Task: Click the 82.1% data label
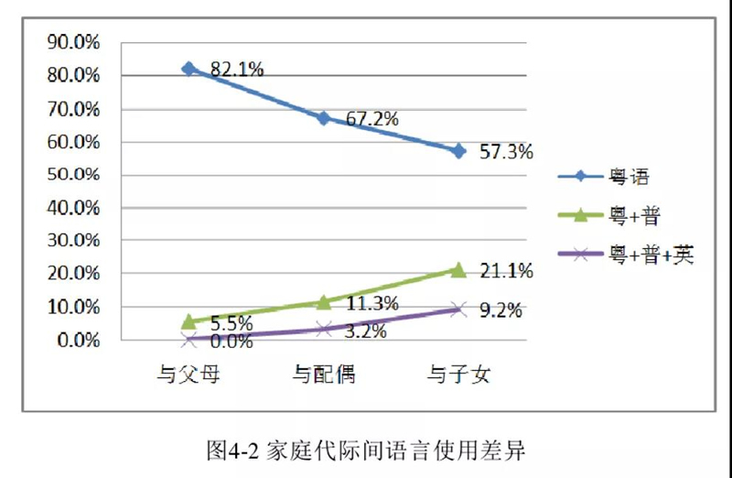click(x=237, y=69)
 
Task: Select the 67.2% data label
click(x=371, y=119)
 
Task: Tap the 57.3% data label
click(x=506, y=152)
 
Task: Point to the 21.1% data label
click(x=506, y=271)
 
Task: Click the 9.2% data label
click(x=501, y=310)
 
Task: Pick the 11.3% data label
click(x=371, y=304)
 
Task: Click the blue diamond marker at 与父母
click(x=189, y=69)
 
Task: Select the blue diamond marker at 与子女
click(x=458, y=151)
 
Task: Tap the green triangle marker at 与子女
click(x=458, y=269)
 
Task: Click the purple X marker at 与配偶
click(x=324, y=329)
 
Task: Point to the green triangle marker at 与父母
click(x=189, y=321)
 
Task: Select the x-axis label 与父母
click(x=189, y=374)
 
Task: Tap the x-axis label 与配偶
click(x=324, y=374)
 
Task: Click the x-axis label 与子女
click(x=458, y=374)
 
